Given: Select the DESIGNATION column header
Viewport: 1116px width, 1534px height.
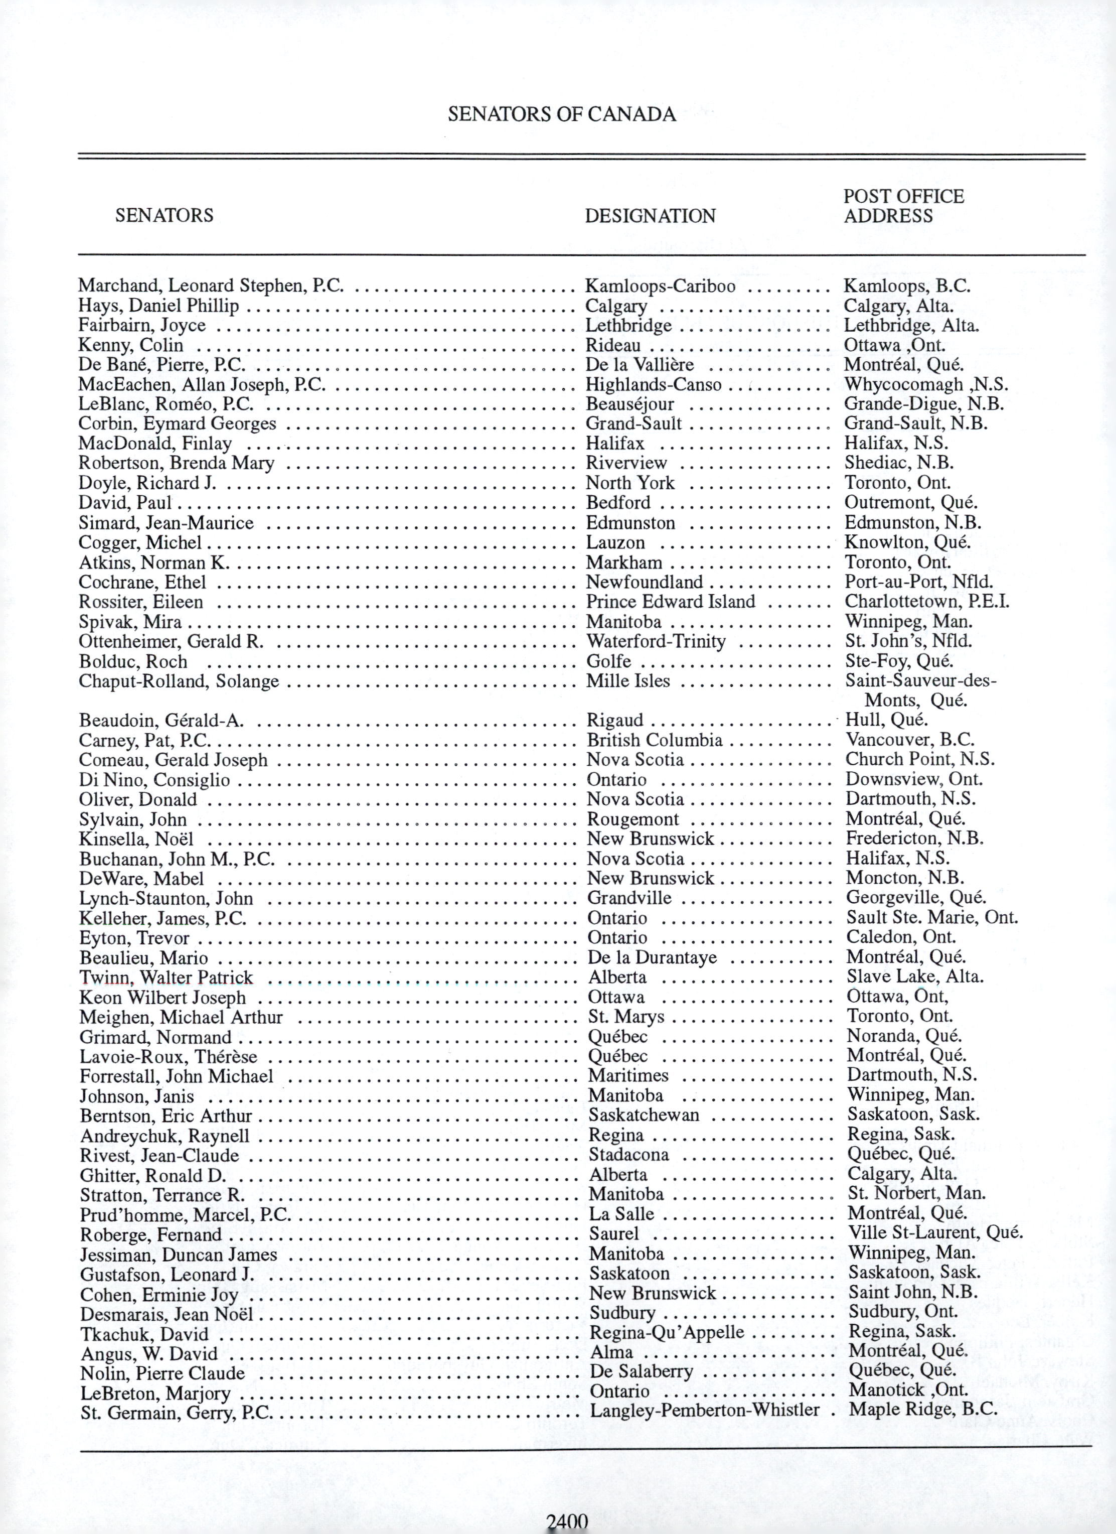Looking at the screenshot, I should [x=650, y=216].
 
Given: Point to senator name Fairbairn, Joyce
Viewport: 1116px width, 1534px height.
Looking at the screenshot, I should [x=142, y=325].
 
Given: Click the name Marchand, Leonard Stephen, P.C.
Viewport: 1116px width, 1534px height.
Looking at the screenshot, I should [x=211, y=286].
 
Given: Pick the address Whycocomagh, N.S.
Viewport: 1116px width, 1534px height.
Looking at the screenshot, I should [x=926, y=385].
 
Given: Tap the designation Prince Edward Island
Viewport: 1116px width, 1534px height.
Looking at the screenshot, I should [x=671, y=602].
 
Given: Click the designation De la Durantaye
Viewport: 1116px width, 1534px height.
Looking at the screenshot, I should [x=652, y=958].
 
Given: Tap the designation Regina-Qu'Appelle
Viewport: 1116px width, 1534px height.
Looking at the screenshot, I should [x=667, y=1332].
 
